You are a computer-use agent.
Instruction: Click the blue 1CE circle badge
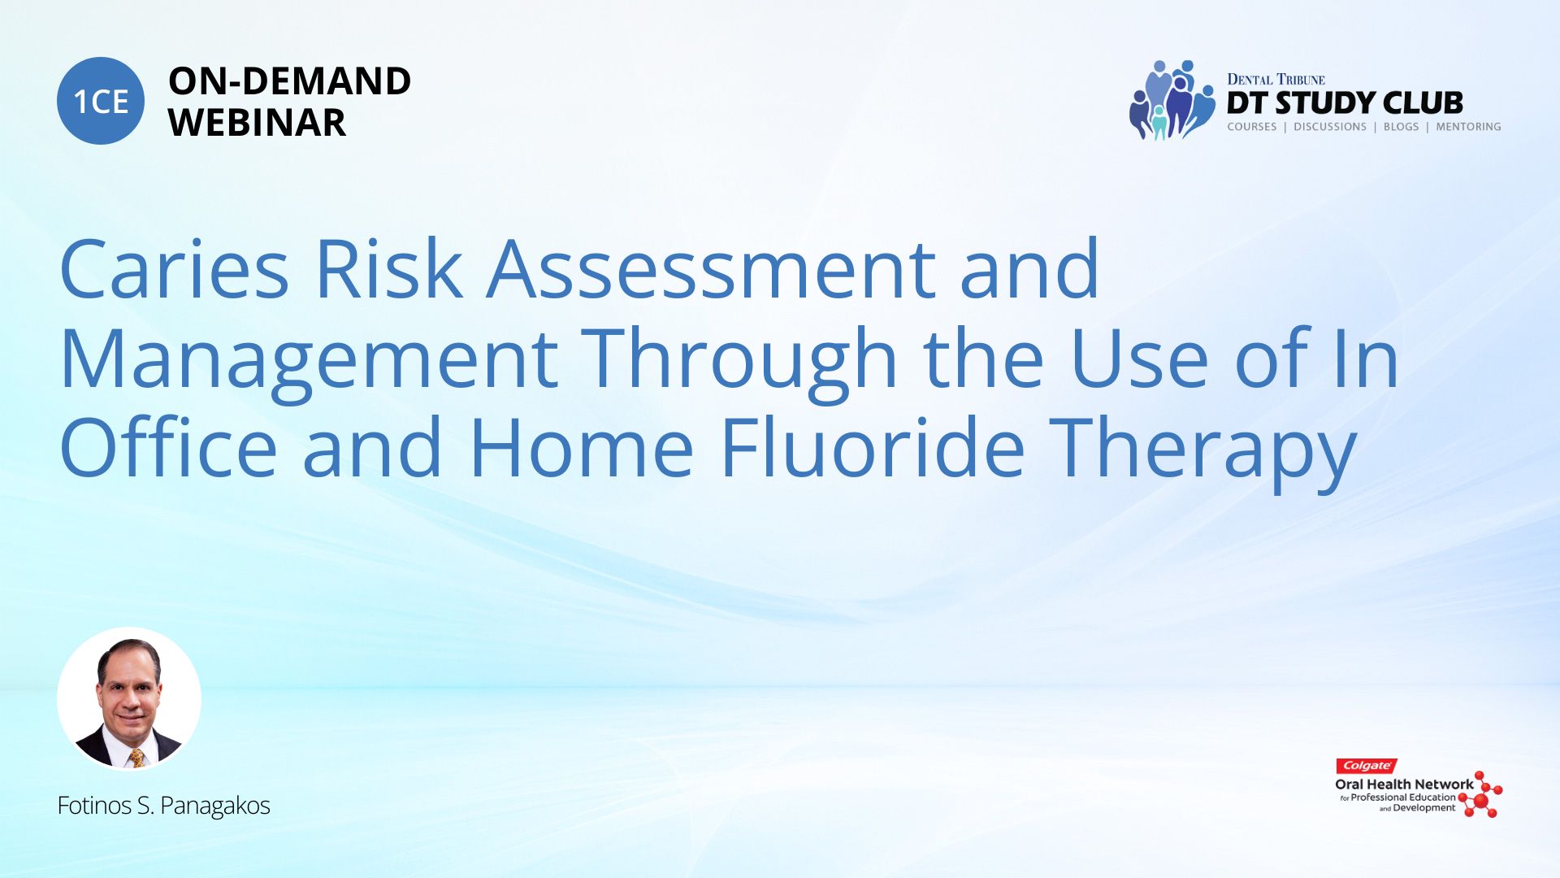pyautogui.click(x=101, y=101)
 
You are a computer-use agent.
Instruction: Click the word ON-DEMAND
pyautogui.click(x=289, y=81)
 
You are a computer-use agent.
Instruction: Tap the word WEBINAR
pyautogui.click(x=257, y=123)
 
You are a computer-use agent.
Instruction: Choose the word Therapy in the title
pyautogui.click(x=1202, y=451)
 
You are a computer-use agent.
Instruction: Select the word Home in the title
pyautogui.click(x=581, y=449)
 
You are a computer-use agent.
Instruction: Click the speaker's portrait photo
pyautogui.click(x=129, y=699)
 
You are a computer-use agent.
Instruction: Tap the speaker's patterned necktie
pyautogui.click(x=137, y=758)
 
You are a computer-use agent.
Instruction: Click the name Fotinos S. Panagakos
pyautogui.click(x=163, y=806)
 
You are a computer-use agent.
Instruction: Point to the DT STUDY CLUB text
pyautogui.click(x=1345, y=103)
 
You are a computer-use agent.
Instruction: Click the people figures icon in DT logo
pyautogui.click(x=1172, y=100)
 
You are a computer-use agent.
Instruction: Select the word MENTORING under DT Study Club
pyautogui.click(x=1468, y=127)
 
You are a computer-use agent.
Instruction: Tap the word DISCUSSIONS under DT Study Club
pyautogui.click(x=1330, y=127)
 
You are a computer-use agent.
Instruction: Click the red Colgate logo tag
pyautogui.click(x=1367, y=766)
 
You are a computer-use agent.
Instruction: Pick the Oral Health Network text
pyautogui.click(x=1404, y=785)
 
